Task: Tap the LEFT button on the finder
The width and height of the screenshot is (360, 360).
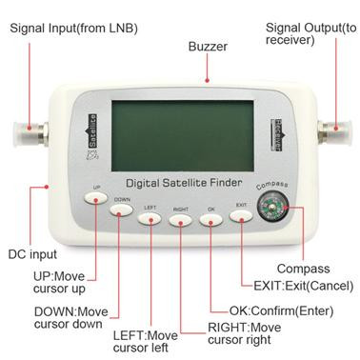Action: pyautogui.click(x=150, y=217)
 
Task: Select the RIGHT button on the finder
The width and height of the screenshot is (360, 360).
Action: pyautogui.click(x=180, y=220)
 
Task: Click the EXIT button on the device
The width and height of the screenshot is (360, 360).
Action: pyautogui.click(x=242, y=216)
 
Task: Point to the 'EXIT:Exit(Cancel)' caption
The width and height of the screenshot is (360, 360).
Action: pyautogui.click(x=300, y=285)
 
